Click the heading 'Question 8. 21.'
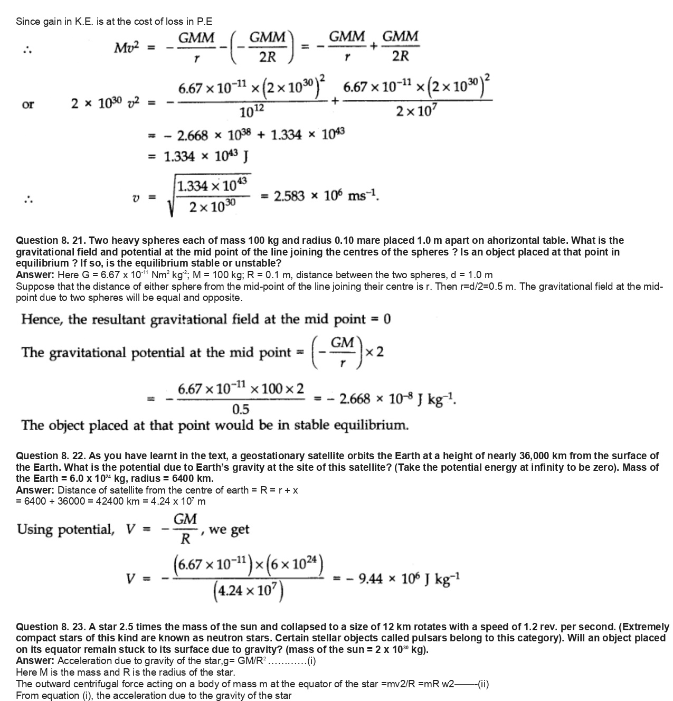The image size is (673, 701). pos(48,241)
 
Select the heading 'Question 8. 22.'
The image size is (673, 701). pos(48,456)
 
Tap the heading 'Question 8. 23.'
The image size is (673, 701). pos(48,627)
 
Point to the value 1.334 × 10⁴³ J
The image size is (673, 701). pos(206,156)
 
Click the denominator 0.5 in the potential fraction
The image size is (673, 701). pos(241,410)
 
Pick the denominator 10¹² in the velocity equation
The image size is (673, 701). pos(251,112)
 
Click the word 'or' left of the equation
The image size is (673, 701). pos(28,104)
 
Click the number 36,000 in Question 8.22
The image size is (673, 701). pos(541,456)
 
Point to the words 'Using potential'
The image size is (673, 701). pos(65,529)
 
